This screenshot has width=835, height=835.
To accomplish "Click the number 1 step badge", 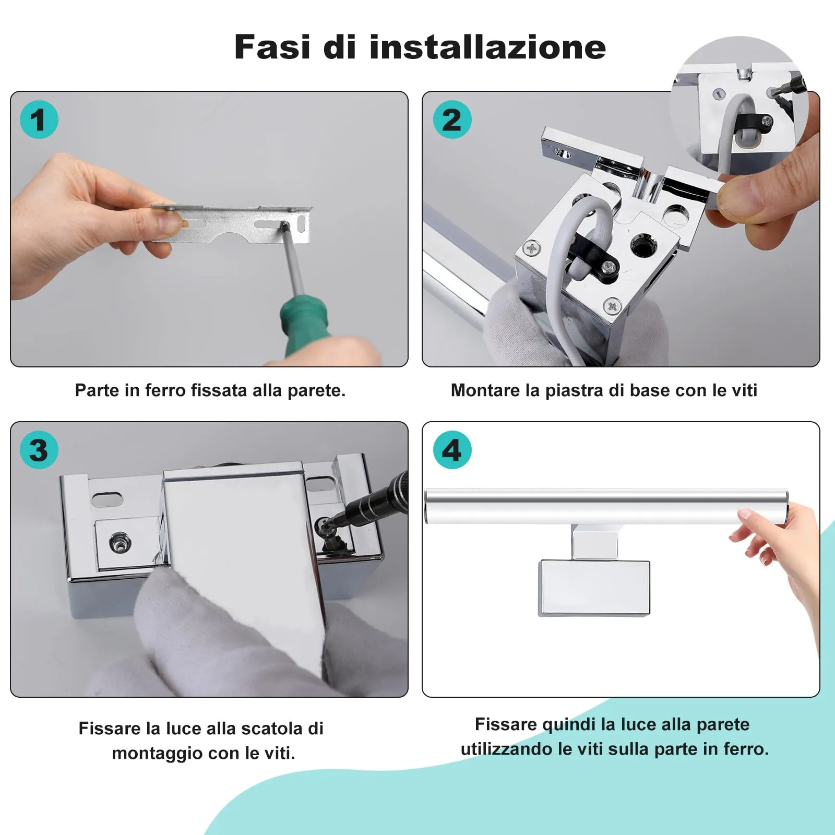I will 39,120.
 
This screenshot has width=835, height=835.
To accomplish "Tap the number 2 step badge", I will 452,120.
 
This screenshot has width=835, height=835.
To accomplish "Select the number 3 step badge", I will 39,450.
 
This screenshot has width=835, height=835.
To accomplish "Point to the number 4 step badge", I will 452,450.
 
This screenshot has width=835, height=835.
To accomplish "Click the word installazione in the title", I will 487,47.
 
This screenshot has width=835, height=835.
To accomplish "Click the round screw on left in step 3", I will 120,543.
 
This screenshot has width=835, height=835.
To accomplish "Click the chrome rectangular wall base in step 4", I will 594,588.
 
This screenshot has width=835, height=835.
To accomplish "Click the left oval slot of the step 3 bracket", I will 107,499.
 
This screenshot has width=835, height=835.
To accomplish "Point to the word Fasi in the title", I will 272,47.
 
